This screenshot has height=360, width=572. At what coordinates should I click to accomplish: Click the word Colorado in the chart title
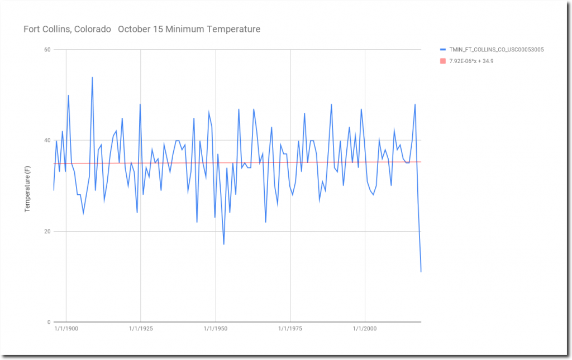(x=92, y=29)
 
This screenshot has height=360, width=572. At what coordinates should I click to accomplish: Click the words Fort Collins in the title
(x=46, y=29)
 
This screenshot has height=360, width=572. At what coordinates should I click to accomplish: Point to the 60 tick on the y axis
(x=47, y=50)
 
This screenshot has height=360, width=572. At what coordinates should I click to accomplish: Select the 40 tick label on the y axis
(x=47, y=141)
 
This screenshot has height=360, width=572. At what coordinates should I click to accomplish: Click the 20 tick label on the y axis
(x=47, y=232)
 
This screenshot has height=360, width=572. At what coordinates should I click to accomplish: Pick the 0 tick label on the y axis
(x=49, y=323)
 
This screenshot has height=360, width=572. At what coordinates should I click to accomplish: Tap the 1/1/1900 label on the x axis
(x=65, y=330)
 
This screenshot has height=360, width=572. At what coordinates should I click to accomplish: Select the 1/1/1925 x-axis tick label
(x=140, y=330)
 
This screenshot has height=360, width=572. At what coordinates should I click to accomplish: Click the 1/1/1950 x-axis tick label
(x=215, y=330)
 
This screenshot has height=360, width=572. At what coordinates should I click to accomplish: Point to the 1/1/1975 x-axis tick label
(x=290, y=330)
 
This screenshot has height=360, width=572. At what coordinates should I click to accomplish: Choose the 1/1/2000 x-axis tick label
(x=365, y=330)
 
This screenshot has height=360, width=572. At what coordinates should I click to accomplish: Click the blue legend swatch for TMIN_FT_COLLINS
(x=443, y=50)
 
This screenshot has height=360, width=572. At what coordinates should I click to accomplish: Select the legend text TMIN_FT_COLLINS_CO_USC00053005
(x=497, y=50)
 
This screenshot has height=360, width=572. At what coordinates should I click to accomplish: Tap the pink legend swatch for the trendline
(x=443, y=61)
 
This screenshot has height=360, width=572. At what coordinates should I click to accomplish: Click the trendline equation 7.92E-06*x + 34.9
(x=471, y=61)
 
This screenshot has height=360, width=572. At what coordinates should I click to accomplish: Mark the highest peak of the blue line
(x=92, y=78)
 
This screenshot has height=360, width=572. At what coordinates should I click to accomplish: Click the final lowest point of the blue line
(x=421, y=272)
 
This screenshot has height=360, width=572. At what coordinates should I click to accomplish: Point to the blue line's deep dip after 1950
(x=224, y=244)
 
